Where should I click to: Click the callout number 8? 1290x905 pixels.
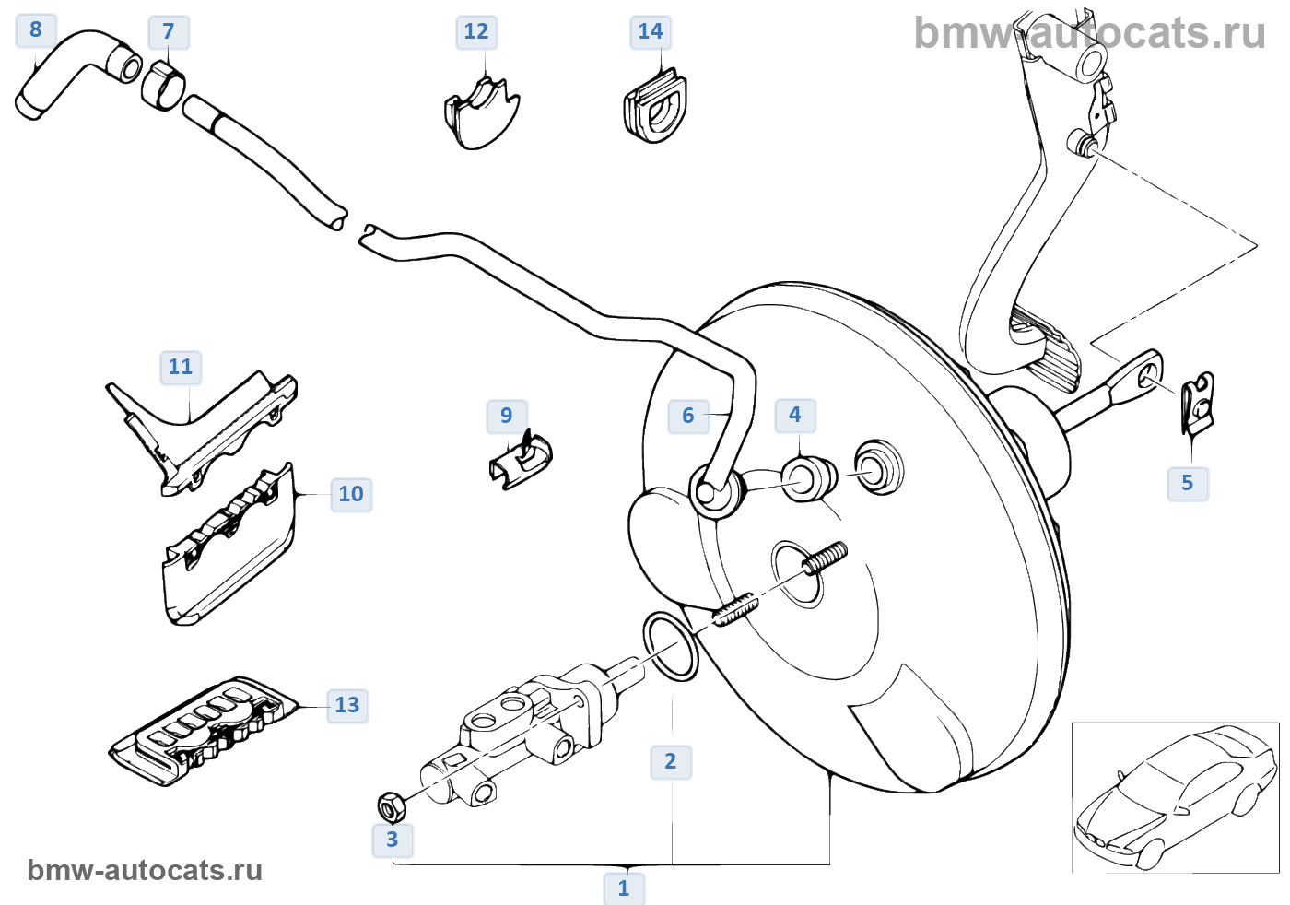(x=36, y=29)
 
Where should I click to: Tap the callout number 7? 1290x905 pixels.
(x=169, y=32)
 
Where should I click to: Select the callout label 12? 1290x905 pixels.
(x=475, y=32)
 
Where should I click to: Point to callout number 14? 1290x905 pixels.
(x=650, y=32)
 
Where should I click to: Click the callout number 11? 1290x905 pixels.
(x=181, y=368)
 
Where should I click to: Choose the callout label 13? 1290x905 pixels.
(x=347, y=705)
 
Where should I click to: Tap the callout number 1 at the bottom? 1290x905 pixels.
(x=624, y=888)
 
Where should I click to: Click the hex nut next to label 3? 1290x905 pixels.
(x=392, y=806)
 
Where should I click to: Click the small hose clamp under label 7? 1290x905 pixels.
(x=163, y=86)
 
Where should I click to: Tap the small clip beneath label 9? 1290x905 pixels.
(x=522, y=458)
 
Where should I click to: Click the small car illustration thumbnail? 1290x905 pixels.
(x=1175, y=797)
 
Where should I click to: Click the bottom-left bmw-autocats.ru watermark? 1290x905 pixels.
(x=145, y=870)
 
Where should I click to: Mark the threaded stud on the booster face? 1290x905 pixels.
(x=825, y=558)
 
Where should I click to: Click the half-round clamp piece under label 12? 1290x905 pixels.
(x=481, y=114)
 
